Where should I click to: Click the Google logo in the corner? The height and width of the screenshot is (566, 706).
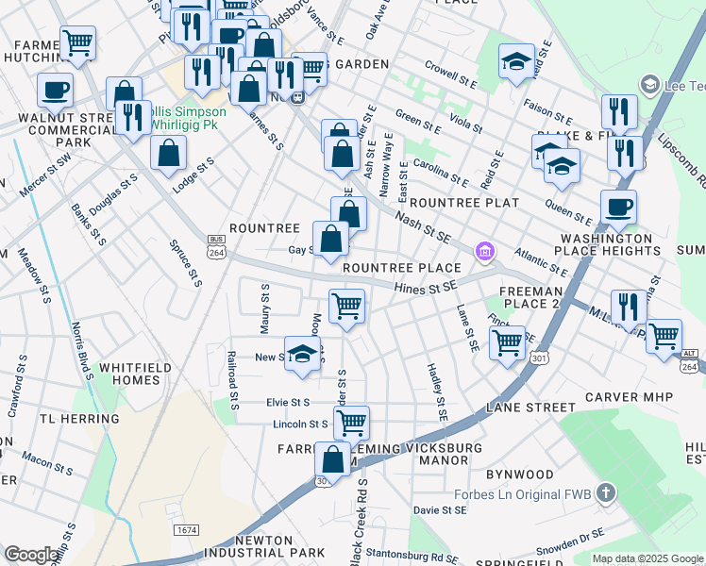31,555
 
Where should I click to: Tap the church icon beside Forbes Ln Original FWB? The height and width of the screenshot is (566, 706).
606,491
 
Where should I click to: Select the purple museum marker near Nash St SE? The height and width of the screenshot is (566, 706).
484,251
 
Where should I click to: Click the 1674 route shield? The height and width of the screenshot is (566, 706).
186,530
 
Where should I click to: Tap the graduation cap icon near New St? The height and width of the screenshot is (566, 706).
302,355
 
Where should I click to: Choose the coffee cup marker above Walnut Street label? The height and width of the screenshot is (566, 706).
56,91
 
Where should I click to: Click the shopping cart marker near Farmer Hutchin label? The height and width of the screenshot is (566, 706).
77,43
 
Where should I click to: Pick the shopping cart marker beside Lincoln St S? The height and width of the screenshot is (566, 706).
351,423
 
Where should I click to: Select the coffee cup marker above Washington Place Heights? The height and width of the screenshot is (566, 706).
618,208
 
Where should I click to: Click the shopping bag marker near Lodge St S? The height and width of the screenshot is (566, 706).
168,156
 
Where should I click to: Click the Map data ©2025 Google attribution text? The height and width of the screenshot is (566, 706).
647,558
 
